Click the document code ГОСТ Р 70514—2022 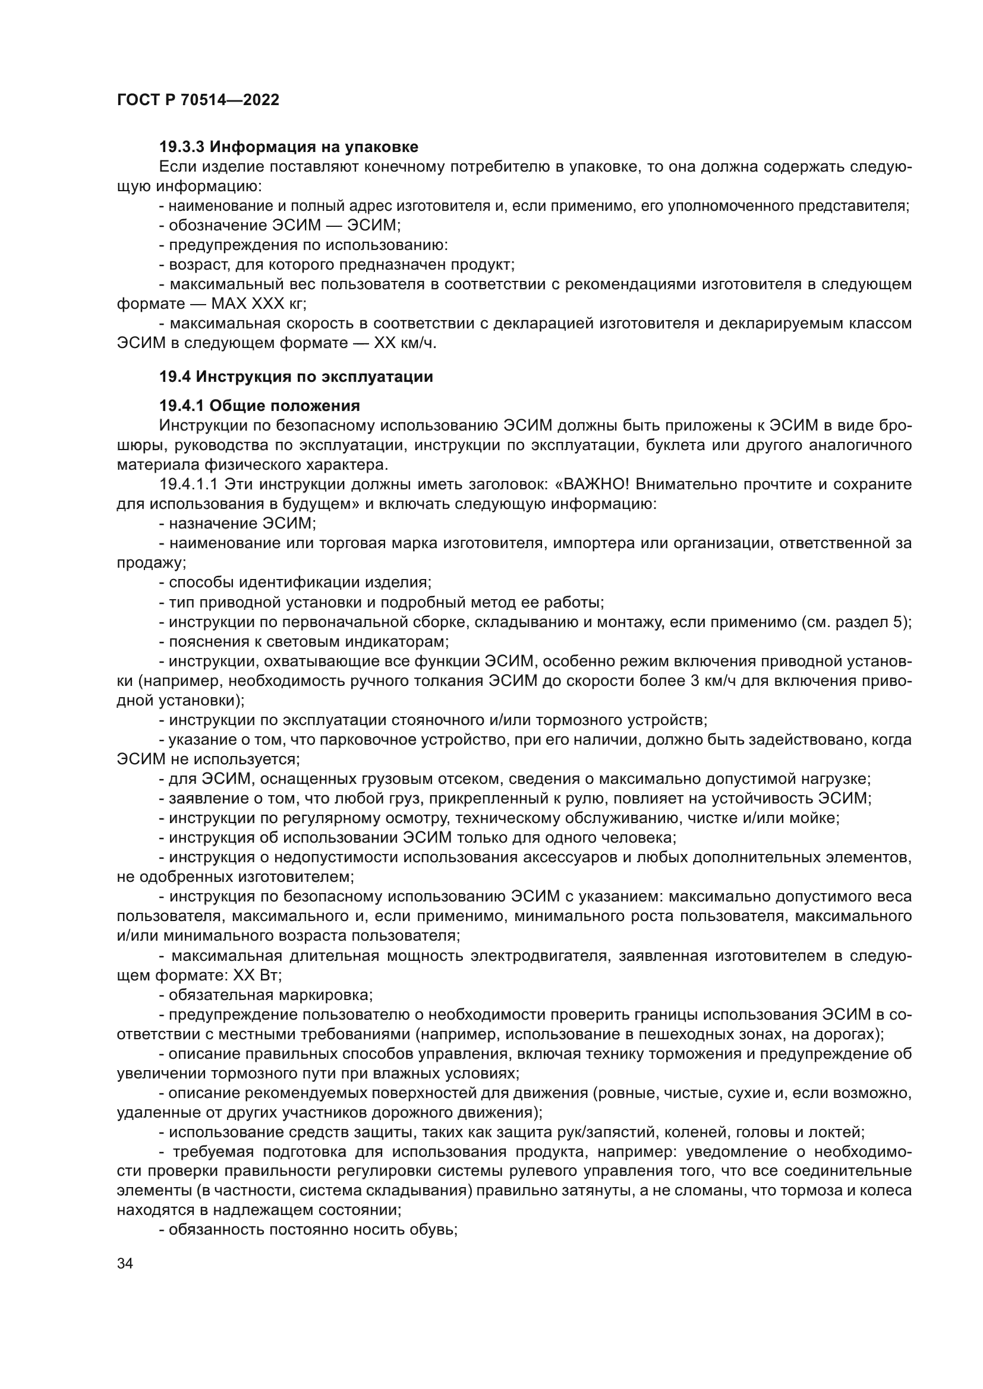click(x=198, y=100)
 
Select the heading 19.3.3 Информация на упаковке click(x=288, y=147)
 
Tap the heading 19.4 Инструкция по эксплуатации click(x=296, y=377)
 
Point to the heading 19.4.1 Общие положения click(x=260, y=406)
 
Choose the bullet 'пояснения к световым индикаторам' click(x=304, y=642)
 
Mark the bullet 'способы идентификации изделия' click(x=295, y=583)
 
